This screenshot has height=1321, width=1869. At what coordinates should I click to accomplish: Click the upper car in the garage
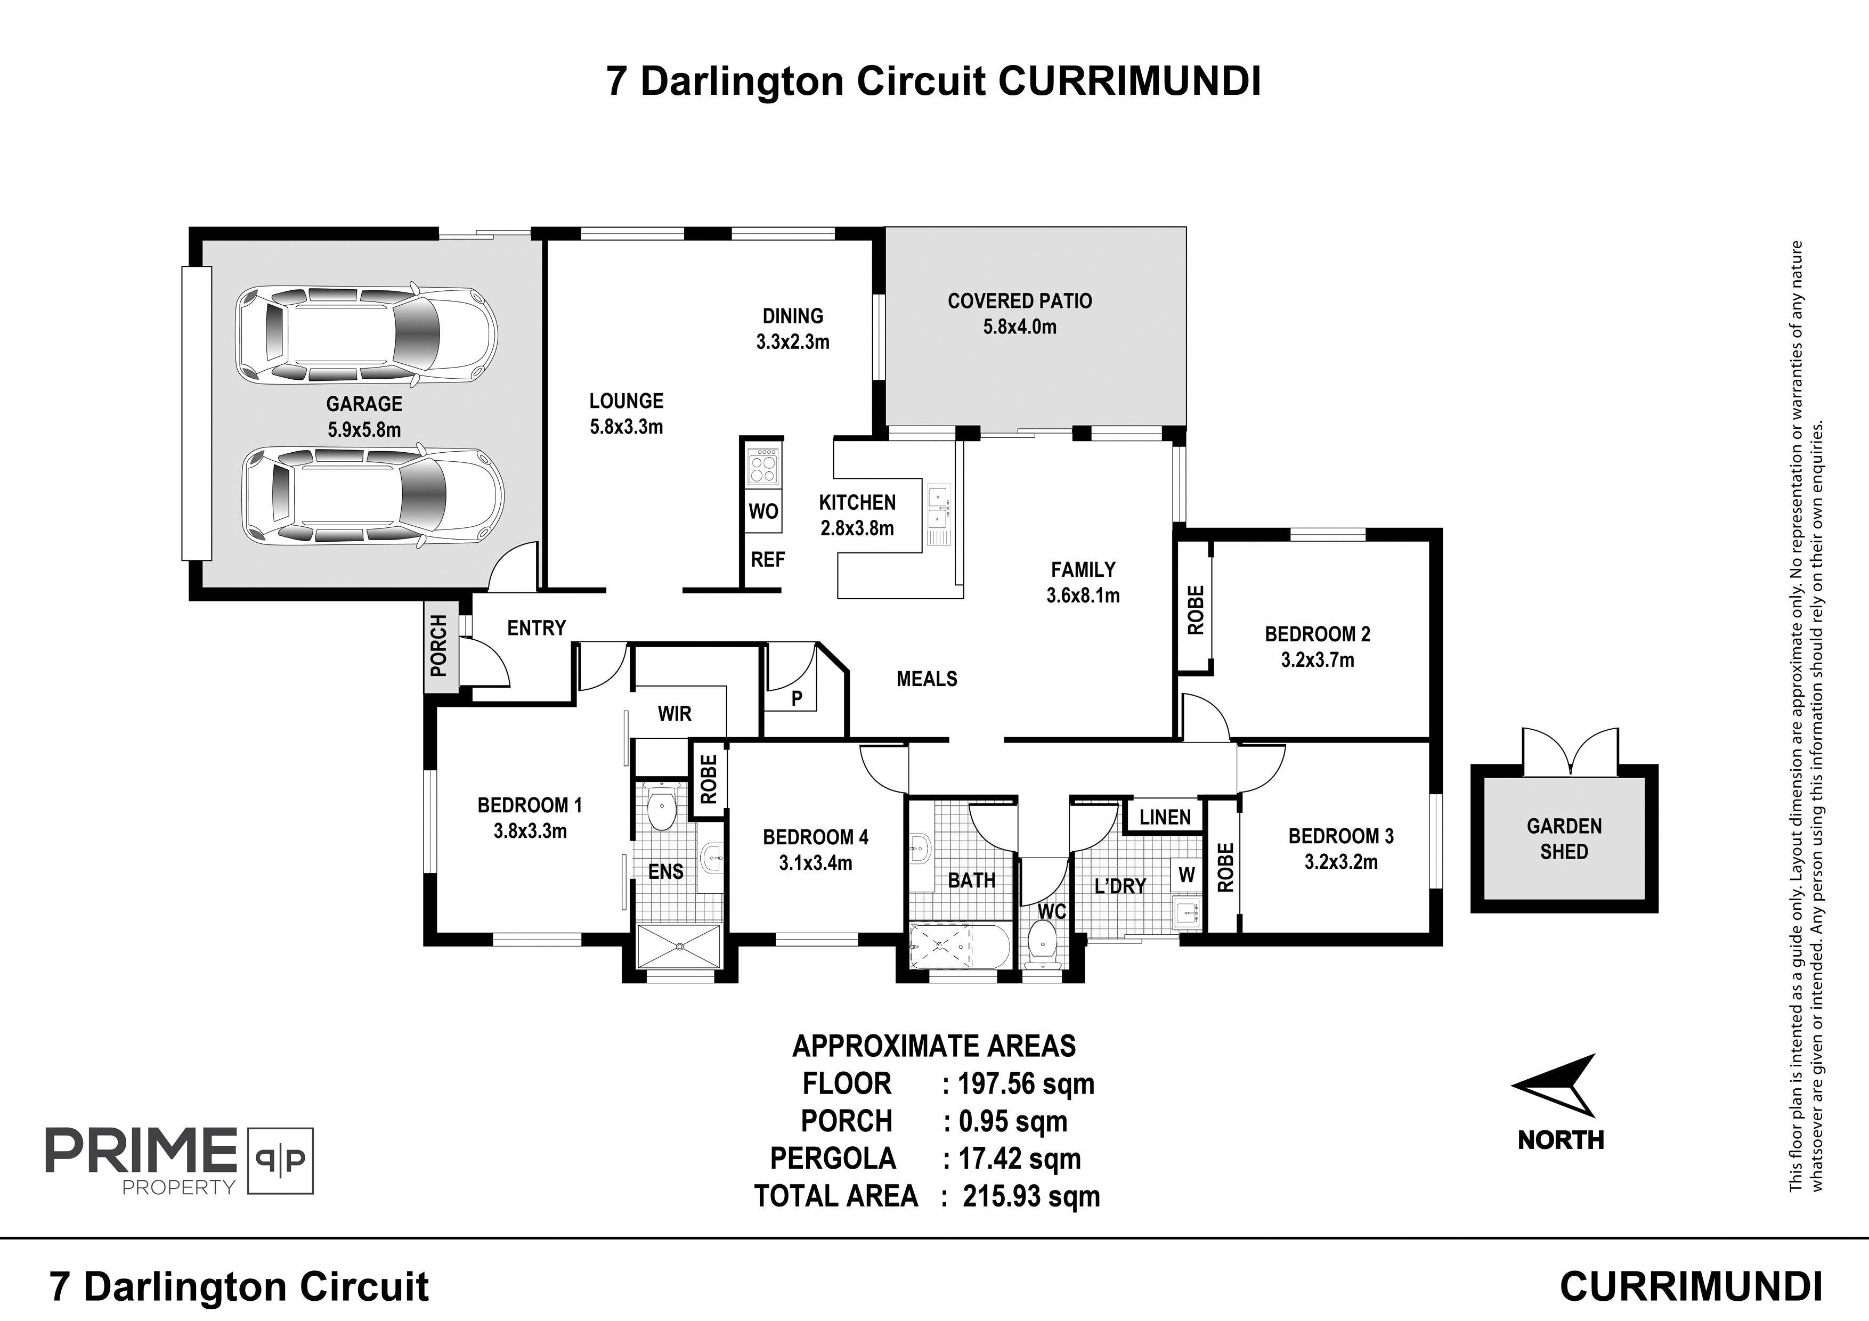367,335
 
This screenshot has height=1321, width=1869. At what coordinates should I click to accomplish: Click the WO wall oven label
763,512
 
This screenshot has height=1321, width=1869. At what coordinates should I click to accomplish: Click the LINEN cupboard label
1165,817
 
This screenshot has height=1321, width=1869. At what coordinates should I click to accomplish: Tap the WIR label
675,714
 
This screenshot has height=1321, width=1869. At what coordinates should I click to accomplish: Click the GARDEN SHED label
1564,839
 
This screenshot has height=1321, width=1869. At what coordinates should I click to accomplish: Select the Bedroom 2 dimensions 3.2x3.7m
1317,660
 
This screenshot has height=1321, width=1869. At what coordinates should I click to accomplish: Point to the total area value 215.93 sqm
1030,1196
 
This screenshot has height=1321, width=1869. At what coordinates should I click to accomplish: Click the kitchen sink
938,508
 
